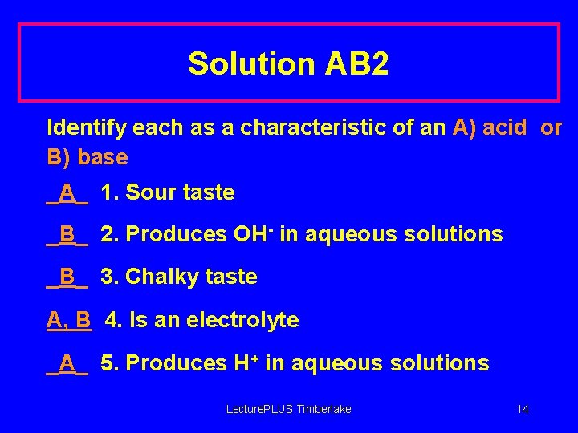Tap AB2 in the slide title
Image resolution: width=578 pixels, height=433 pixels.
coord(357,63)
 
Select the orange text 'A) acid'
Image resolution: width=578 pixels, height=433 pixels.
coord(490,127)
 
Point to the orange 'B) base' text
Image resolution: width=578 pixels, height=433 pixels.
coord(88,156)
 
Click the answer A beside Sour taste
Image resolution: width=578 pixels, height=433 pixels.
coord(67,192)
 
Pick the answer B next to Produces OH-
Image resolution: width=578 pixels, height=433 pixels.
coord(67,234)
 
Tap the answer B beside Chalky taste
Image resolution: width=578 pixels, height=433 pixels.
coord(67,277)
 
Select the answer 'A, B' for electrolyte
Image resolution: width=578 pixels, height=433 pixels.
coord(69,320)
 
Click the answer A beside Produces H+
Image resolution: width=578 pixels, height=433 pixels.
coord(67,363)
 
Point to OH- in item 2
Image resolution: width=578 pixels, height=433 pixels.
coord(254,233)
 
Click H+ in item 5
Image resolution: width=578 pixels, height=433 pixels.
coord(246,362)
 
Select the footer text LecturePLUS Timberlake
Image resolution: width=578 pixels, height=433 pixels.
coord(288,410)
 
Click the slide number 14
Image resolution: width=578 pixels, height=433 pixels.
coord(523,410)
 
